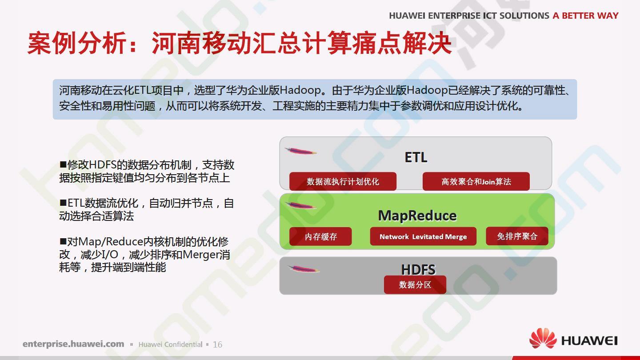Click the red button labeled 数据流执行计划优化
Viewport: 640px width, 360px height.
pyautogui.click(x=343, y=181)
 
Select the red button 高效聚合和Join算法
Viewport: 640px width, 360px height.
pyautogui.click(x=476, y=181)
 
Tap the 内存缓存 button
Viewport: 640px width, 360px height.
pyautogui.click(x=320, y=236)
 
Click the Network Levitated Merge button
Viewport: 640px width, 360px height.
pyautogui.click(x=423, y=236)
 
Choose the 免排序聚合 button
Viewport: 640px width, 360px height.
pyautogui.click(x=517, y=236)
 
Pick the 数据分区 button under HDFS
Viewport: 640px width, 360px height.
pyautogui.click(x=415, y=284)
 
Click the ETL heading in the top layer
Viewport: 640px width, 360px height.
pyautogui.click(x=416, y=157)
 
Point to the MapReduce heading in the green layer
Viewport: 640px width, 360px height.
pyautogui.click(x=417, y=216)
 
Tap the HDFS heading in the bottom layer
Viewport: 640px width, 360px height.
pyautogui.click(x=418, y=269)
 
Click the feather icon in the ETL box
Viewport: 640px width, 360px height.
pyautogui.click(x=301, y=151)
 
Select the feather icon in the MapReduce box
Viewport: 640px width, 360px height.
pyautogui.click(x=301, y=205)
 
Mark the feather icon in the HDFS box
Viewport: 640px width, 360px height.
pyautogui.click(x=304, y=269)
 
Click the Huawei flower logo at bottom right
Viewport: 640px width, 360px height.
pyautogui.click(x=543, y=338)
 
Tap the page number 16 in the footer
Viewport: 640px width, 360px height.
pyautogui.click(x=217, y=344)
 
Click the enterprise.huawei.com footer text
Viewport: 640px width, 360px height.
pyautogui.click(x=73, y=344)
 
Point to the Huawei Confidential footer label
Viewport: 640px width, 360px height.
pyautogui.click(x=170, y=344)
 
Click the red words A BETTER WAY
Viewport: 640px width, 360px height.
pyautogui.click(x=585, y=16)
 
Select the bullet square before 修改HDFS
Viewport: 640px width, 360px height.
pyautogui.click(x=63, y=164)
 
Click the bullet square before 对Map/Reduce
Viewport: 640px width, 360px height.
pyautogui.click(x=63, y=241)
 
